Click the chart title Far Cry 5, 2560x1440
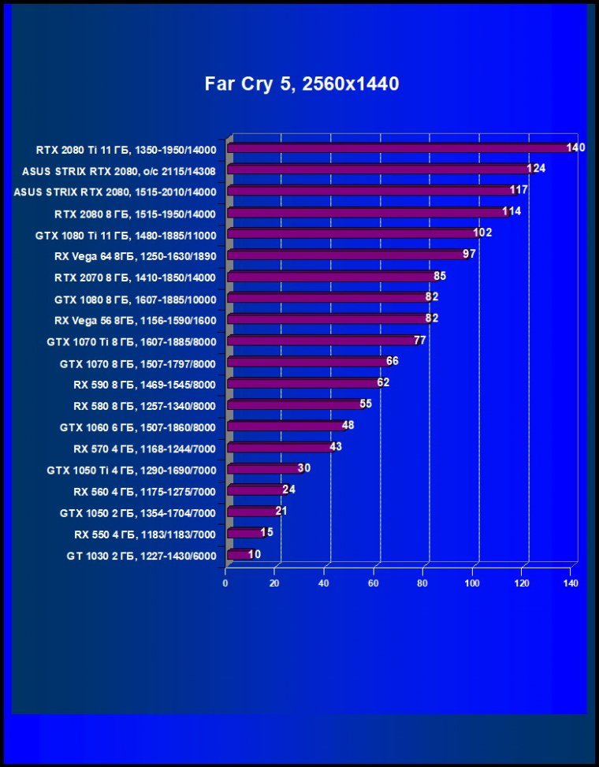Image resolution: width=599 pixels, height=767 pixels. click(x=302, y=84)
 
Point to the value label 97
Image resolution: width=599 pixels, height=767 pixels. click(x=469, y=254)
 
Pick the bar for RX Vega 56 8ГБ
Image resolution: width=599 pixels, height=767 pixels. click(x=327, y=318)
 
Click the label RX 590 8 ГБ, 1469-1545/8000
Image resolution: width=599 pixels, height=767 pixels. click(x=144, y=385)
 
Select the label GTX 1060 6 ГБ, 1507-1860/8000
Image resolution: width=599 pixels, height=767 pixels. click(x=137, y=427)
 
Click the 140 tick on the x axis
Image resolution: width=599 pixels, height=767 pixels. click(x=571, y=584)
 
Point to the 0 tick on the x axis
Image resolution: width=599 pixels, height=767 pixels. click(x=225, y=584)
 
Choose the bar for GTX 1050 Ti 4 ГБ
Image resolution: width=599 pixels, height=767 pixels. click(x=262, y=469)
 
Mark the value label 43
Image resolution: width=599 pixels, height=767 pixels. click(x=335, y=447)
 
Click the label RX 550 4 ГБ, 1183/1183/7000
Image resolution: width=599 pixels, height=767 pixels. click(x=144, y=534)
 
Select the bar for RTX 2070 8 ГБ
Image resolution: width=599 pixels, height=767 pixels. click(x=330, y=276)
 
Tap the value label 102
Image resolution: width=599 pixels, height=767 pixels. click(x=482, y=233)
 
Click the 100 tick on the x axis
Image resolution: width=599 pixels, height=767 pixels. click(x=472, y=584)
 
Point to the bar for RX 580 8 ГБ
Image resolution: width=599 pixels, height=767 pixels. click(x=293, y=404)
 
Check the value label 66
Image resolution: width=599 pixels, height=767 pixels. click(x=393, y=361)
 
